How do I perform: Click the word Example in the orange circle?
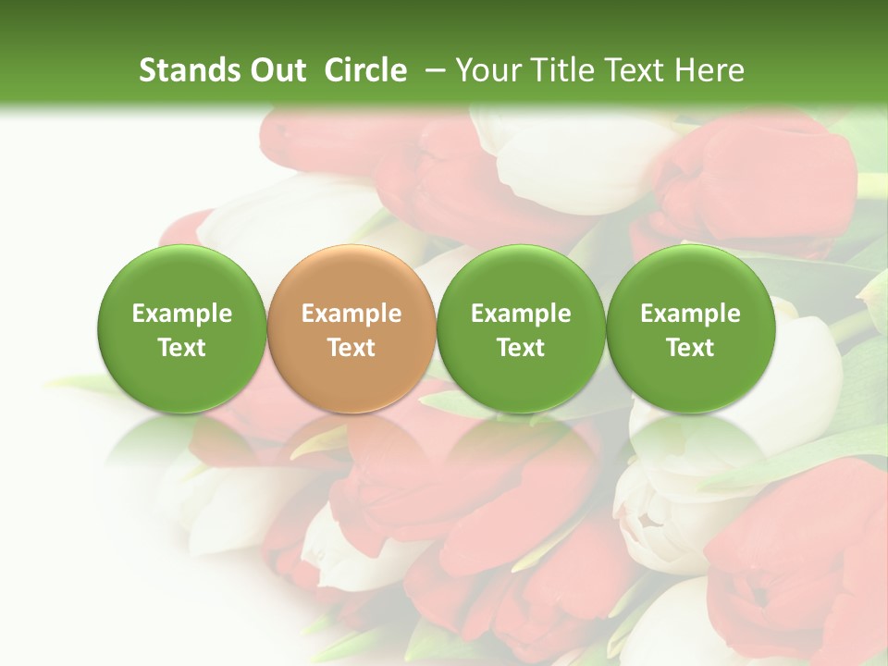pos(351,314)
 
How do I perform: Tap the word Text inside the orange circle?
pos(351,348)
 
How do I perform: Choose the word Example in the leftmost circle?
pos(182,314)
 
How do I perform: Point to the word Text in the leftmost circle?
pos(182,348)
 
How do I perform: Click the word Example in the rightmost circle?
pos(690,314)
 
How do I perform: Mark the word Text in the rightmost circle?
pos(690,348)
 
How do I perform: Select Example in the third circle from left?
pos(521,314)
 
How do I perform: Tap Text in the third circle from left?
pos(521,348)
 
